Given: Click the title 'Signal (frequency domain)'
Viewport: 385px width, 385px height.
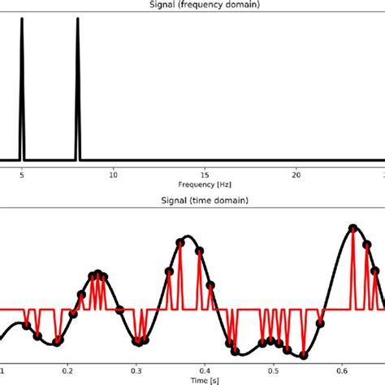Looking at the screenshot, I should [192, 5].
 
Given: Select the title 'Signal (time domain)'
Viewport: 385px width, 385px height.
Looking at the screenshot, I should [192, 200].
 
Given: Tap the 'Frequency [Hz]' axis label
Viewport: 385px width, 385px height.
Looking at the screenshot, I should [192, 184].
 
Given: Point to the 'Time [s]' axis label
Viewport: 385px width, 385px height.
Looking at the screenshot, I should [192, 379].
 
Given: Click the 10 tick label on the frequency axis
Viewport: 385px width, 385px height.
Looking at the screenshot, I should [114, 174].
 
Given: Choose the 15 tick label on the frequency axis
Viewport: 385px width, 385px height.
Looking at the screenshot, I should [205, 174].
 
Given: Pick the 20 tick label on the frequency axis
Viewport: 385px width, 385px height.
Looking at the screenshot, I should [297, 174].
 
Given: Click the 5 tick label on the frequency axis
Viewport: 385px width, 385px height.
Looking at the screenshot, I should [22, 174].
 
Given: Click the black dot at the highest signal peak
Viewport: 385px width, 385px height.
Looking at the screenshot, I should [353, 227].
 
